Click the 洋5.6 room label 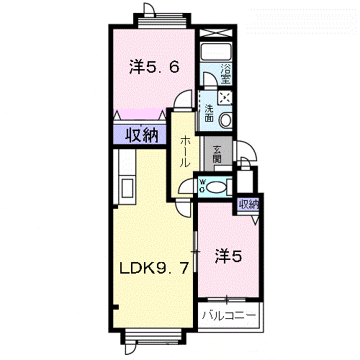tap(154, 66)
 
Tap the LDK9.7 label tap(154, 268)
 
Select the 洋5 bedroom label tap(228, 256)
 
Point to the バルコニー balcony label tap(229, 315)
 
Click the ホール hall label tap(185, 151)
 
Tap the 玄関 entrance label tap(217, 154)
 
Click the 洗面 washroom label tap(210, 113)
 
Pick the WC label tap(202, 186)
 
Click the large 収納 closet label tap(142, 135)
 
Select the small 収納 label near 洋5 tap(249, 204)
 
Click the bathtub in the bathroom tap(216, 52)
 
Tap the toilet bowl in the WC tap(216, 187)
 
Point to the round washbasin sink tap(225, 120)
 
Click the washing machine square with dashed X tap(225, 97)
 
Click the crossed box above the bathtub tap(216, 33)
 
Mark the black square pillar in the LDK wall tap(115, 307)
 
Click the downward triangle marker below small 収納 tap(256, 220)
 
